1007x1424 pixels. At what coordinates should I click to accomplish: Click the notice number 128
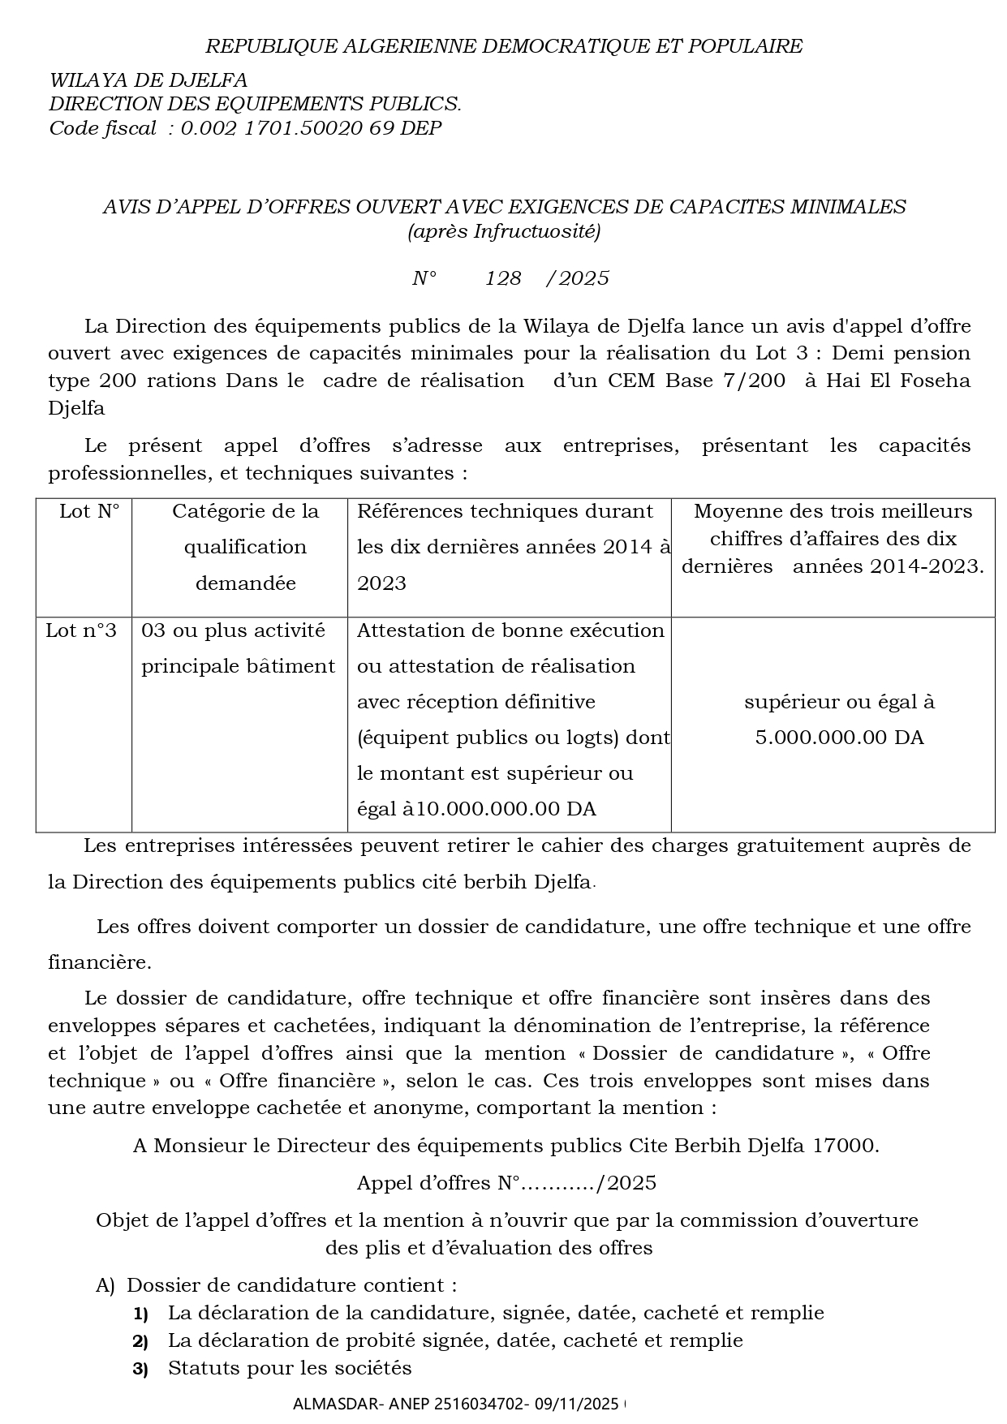pyautogui.click(x=503, y=279)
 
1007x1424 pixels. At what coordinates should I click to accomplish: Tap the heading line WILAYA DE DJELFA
pyautogui.click(x=148, y=80)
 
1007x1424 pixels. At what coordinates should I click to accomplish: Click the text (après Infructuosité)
pyautogui.click(x=503, y=232)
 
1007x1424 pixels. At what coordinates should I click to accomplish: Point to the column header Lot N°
pyautogui.click(x=89, y=511)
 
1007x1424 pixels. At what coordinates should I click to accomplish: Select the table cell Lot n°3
pyautogui.click(x=81, y=630)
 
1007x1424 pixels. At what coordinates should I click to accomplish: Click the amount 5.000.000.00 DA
pyautogui.click(x=839, y=738)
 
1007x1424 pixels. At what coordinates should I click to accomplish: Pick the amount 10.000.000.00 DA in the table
pyautogui.click(x=506, y=809)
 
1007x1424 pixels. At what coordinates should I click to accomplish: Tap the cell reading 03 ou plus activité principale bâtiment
pyautogui.click(x=238, y=648)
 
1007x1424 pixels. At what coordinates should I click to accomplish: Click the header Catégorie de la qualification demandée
pyautogui.click(x=245, y=547)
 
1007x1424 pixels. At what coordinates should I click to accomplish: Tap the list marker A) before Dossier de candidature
pyautogui.click(x=105, y=1285)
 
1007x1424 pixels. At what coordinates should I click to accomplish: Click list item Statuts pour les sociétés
pyautogui.click(x=290, y=1368)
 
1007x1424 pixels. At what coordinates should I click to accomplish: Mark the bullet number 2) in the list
pyautogui.click(x=140, y=1341)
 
